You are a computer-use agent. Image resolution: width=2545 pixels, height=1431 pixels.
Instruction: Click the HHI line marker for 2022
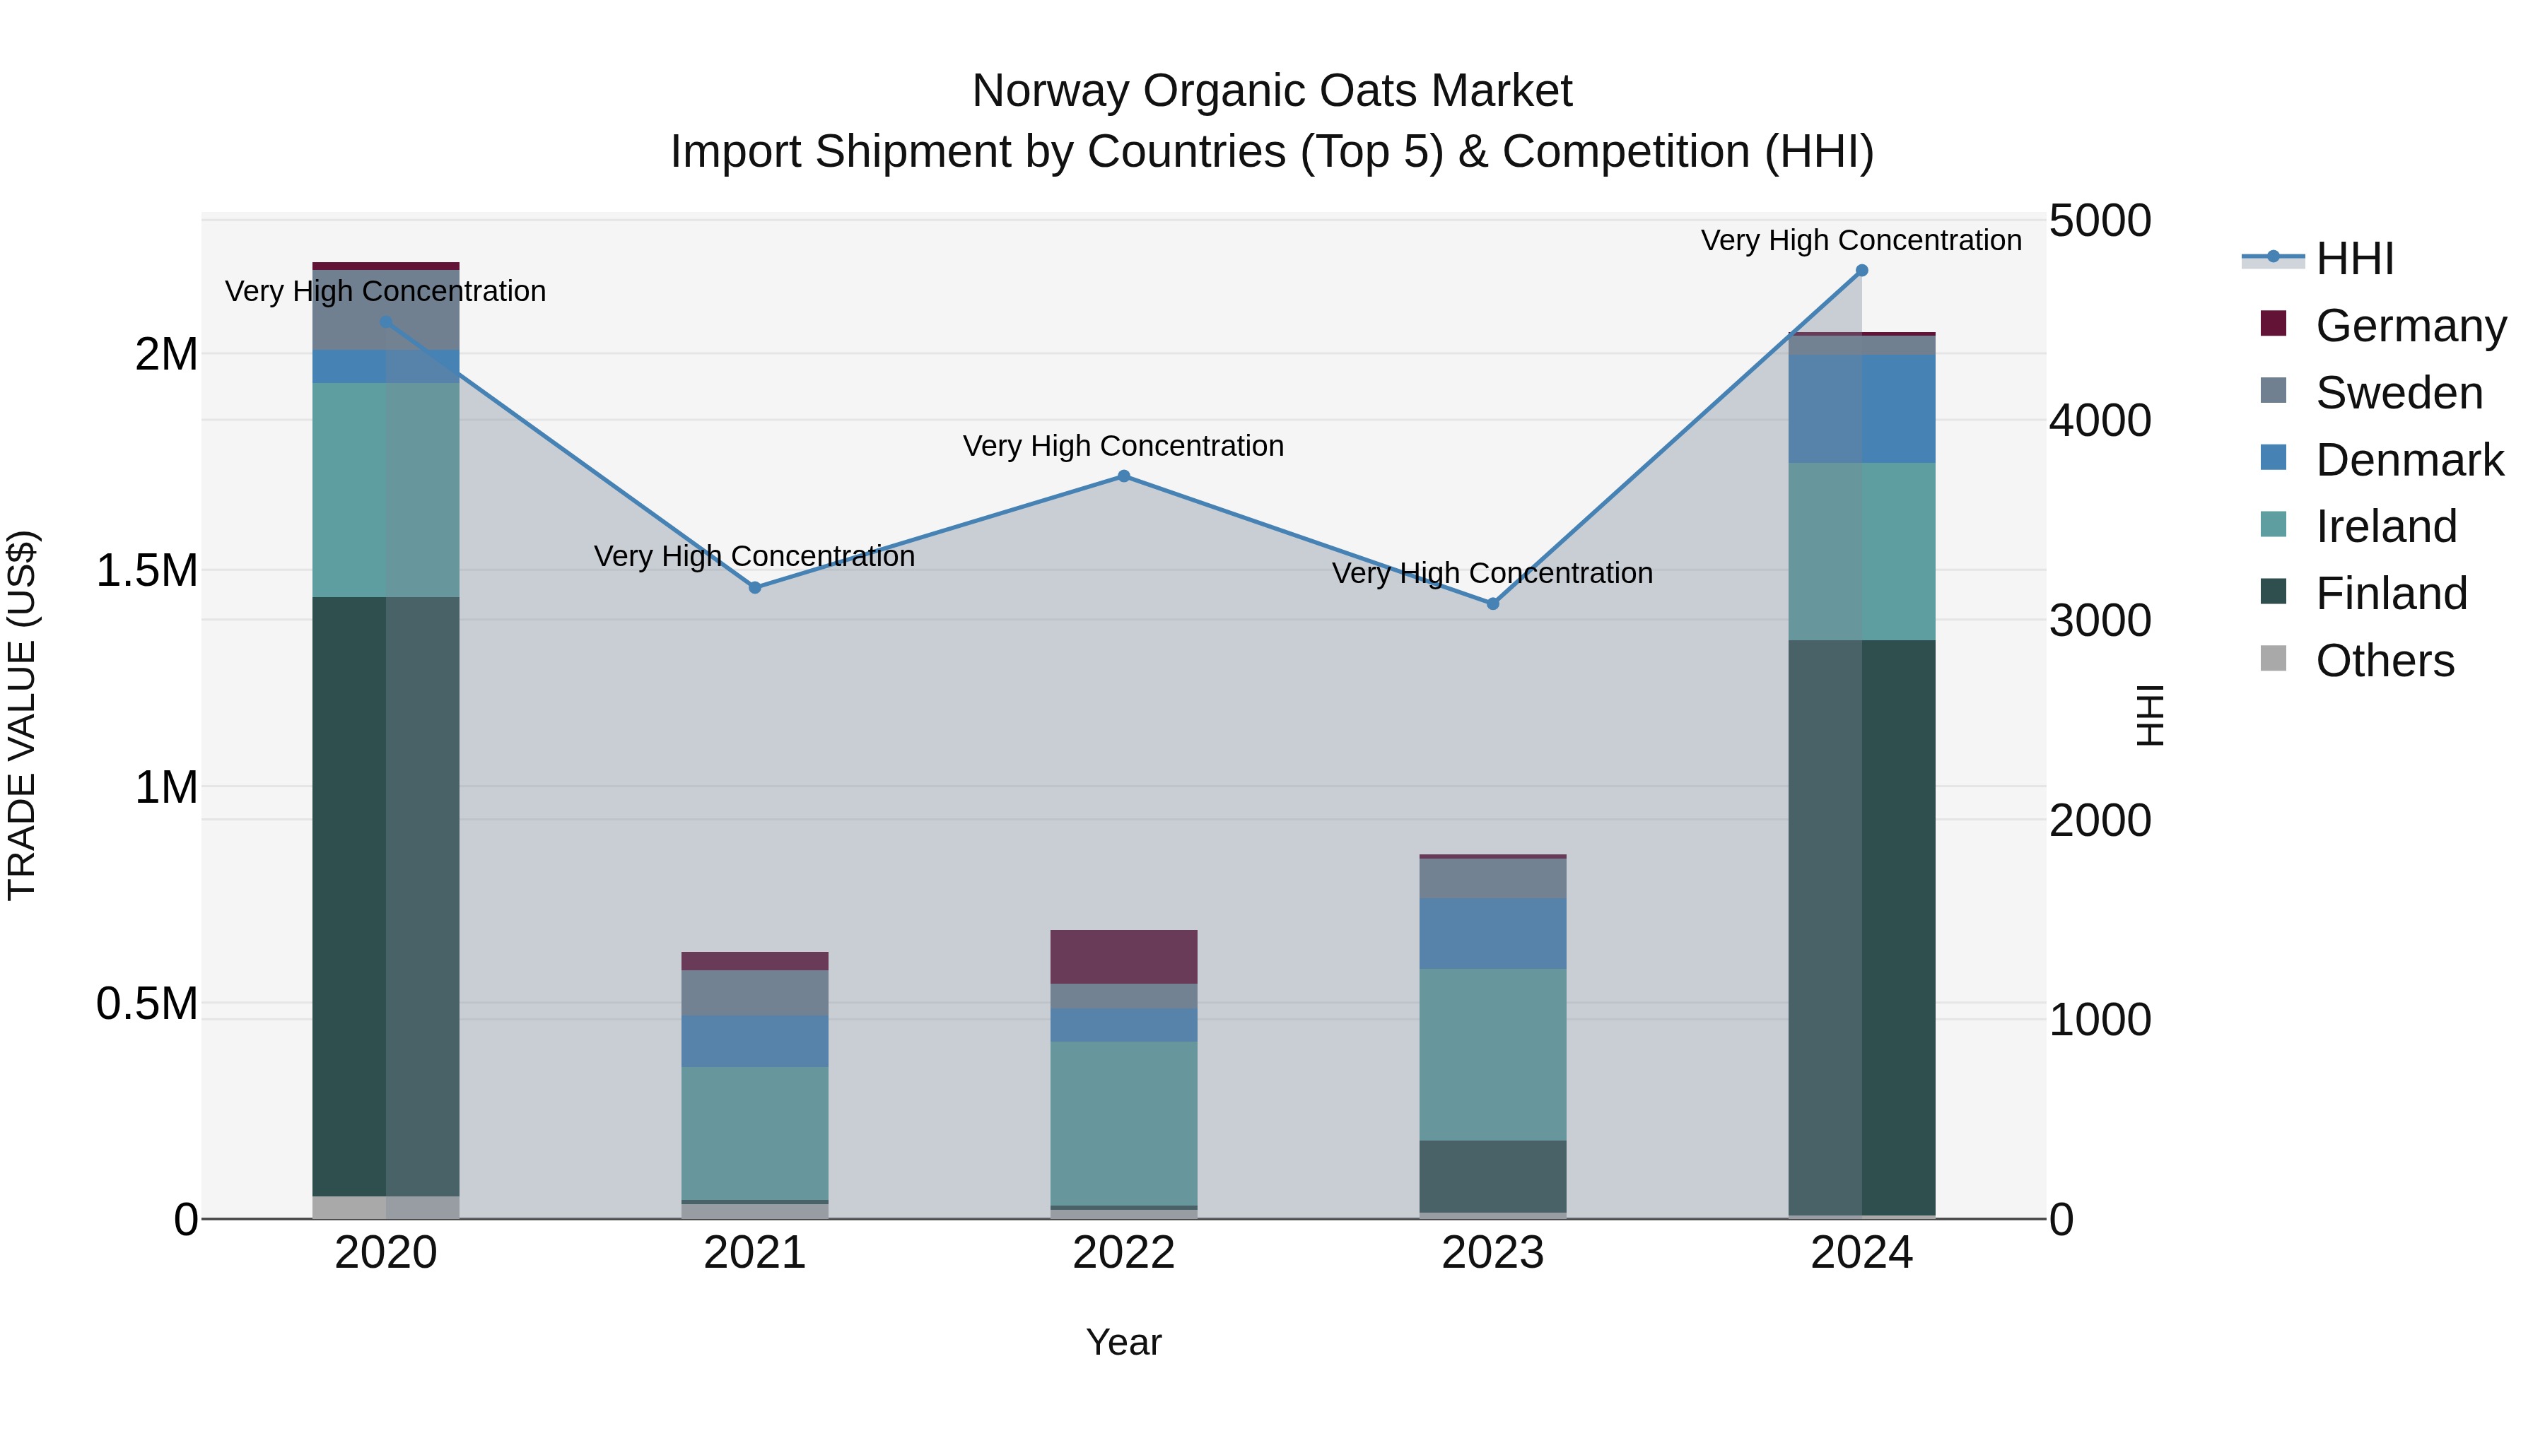tap(1123, 476)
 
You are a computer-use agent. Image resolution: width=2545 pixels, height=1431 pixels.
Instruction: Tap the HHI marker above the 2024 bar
tap(1861, 271)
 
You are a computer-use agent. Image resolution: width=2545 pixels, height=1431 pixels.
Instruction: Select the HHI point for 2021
tap(755, 588)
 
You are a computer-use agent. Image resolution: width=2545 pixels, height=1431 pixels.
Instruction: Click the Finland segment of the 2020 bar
tap(385, 896)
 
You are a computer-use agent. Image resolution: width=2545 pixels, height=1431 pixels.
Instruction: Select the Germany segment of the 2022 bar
tap(1123, 956)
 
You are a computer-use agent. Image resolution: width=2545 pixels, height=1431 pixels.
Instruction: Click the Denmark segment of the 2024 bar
tap(1861, 409)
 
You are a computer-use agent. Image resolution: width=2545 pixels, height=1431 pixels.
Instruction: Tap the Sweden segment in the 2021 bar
tap(755, 993)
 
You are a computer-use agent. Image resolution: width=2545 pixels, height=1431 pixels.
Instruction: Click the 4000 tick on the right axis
tap(2100, 420)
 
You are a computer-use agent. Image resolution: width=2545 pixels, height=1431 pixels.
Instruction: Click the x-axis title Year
tap(1123, 1342)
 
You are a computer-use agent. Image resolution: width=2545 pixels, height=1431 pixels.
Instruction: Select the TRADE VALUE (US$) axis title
tap(22, 715)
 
